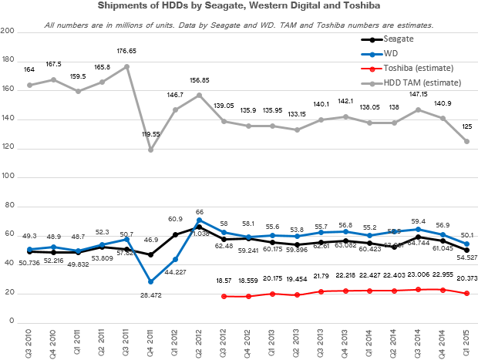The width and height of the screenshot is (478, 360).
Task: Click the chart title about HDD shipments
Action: coord(238,7)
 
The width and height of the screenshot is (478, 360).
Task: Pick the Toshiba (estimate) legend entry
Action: coord(416,69)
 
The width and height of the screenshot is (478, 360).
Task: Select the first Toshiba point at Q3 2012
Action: coord(224,296)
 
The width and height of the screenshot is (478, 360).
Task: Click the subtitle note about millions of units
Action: coord(238,25)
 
